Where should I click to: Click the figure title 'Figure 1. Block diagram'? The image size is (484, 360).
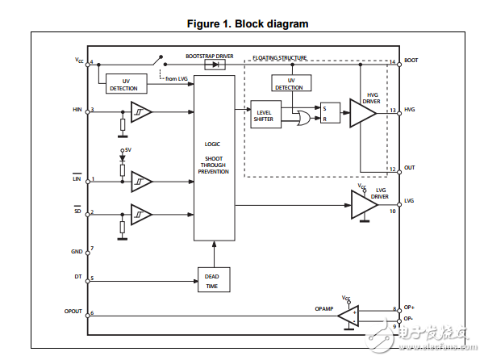click(x=248, y=23)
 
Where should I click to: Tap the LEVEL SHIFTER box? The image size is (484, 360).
click(x=264, y=115)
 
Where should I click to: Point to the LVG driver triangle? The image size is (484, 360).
click(x=363, y=206)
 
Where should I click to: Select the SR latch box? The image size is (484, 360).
click(x=328, y=112)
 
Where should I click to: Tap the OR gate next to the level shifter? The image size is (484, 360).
click(x=304, y=119)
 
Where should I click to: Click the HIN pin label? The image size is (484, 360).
click(x=77, y=110)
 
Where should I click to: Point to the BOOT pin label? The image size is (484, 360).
click(x=411, y=61)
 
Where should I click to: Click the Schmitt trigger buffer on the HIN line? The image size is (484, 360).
click(x=140, y=111)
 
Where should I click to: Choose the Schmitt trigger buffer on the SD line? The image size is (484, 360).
click(x=141, y=214)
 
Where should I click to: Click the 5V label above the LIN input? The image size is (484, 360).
click(x=127, y=150)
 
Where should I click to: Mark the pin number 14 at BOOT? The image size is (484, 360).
click(x=392, y=62)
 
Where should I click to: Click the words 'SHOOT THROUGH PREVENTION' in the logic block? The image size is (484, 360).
click(x=214, y=164)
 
